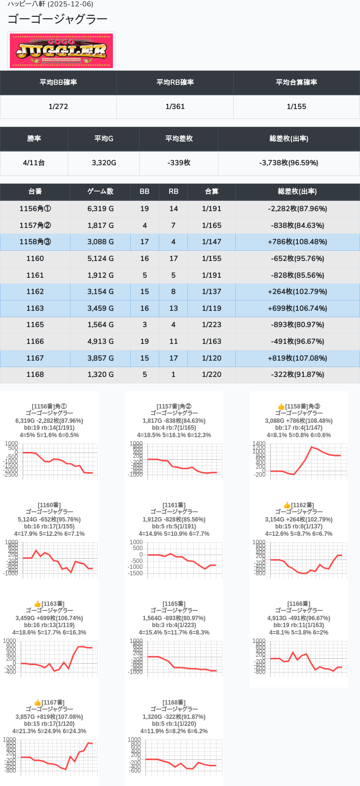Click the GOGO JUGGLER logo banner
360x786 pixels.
coord(62,51)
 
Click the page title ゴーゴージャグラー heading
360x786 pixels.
coord(58,19)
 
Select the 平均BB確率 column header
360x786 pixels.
coord(58,82)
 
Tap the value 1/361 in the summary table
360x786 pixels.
coord(175,107)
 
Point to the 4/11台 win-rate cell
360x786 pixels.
coord(34,163)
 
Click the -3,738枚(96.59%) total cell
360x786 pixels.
coord(288,163)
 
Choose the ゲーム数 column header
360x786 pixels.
coord(100,191)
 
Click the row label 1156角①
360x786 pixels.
coord(35,209)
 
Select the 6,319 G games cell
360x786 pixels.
coord(100,209)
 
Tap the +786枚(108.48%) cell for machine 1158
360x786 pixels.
coord(297,242)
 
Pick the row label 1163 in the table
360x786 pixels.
coord(35,308)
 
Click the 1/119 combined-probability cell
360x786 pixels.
coord(212,308)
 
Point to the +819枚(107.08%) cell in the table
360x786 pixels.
coord(297,358)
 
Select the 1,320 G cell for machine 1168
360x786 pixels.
coord(100,374)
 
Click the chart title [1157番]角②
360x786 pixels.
coord(174,407)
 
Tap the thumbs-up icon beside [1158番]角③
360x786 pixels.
coord(281,407)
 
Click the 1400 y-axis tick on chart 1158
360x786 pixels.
coord(259,444)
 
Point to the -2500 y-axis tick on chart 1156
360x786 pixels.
coord(11,475)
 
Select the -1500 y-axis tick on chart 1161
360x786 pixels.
coord(136,573)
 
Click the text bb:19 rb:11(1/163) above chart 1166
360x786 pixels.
coord(299,625)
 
